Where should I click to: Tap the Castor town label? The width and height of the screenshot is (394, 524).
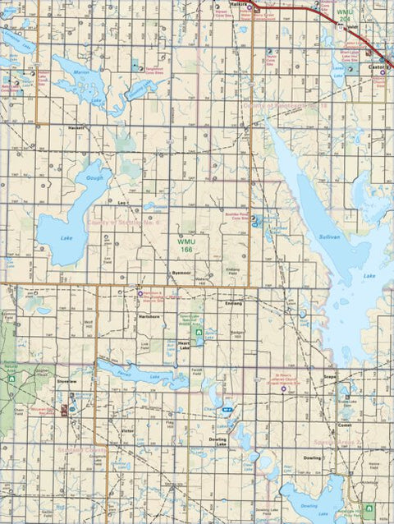click(375, 67)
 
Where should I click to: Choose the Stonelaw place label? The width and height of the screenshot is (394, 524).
click(67, 382)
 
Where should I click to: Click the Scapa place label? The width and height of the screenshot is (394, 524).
click(330, 377)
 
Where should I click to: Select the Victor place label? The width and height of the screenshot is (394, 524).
click(127, 430)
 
